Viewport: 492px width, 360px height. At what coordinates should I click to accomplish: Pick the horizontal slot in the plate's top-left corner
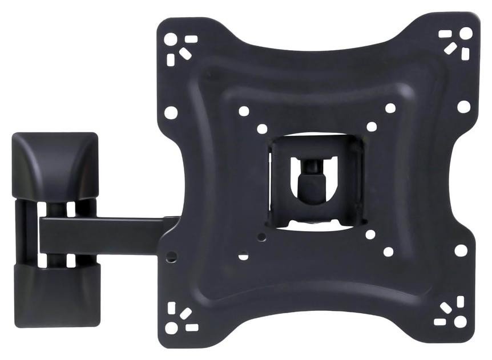pos(191,39)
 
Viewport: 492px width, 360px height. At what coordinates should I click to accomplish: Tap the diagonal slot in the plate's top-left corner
pos(185,52)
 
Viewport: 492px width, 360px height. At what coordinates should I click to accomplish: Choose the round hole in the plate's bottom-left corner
pos(171,328)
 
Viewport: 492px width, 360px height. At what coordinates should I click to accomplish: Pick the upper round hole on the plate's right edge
pos(464,106)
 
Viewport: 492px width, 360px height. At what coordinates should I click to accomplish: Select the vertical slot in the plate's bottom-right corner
pos(461,301)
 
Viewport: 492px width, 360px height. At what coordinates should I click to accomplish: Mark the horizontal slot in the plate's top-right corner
pos(445,34)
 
